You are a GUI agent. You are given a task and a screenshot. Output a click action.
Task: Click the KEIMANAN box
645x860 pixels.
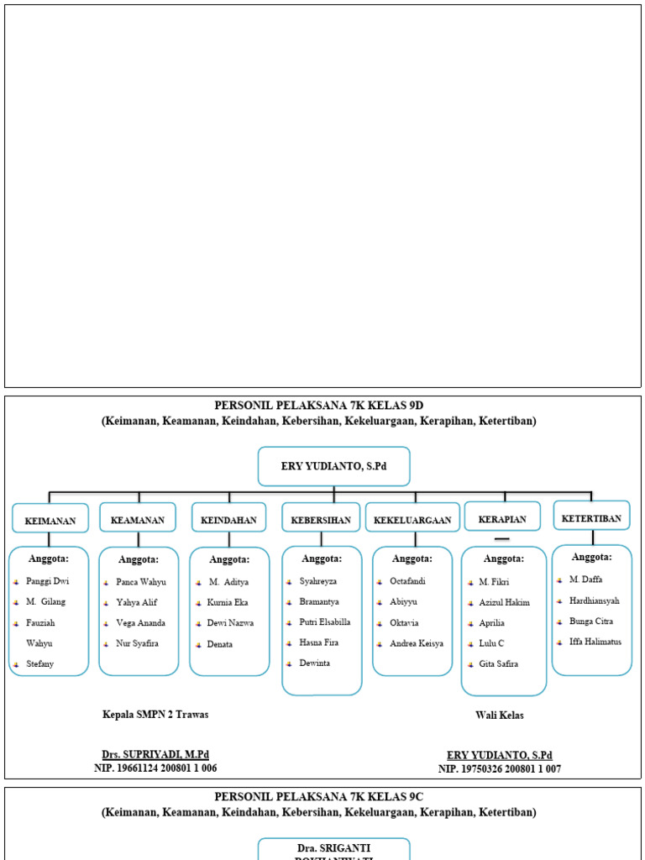50,521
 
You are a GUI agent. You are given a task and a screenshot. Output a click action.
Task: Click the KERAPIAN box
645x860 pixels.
502,519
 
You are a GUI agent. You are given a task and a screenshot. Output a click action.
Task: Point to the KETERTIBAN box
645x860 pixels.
591,518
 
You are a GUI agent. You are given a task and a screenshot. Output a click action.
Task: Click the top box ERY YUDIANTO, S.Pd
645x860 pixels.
333,466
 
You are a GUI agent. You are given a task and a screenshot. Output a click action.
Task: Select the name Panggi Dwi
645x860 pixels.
48,581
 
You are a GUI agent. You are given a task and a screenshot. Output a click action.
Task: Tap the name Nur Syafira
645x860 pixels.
137,643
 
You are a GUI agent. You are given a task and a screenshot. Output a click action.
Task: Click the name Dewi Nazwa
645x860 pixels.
230,623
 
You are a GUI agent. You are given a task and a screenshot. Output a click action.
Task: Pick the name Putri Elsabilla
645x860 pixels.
325,622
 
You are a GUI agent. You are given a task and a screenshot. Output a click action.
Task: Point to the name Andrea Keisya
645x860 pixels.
417,643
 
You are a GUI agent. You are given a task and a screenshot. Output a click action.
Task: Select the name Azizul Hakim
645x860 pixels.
505,602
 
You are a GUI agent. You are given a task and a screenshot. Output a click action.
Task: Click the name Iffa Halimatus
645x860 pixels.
595,642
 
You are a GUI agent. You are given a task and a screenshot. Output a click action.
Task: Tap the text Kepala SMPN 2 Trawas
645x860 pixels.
155,715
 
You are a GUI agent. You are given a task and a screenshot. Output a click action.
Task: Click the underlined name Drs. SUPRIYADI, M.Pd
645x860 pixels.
155,755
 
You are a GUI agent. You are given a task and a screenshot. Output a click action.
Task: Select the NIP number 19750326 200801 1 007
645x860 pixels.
500,768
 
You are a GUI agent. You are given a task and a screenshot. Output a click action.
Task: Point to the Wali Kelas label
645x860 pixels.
500,716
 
